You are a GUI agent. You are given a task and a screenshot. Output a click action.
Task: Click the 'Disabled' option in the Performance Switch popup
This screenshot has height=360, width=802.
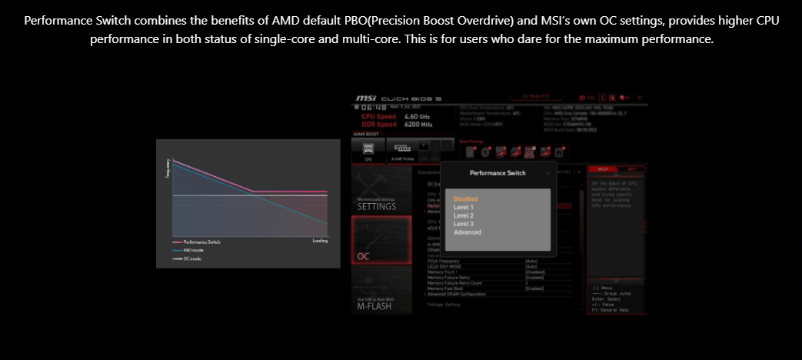coord(466,199)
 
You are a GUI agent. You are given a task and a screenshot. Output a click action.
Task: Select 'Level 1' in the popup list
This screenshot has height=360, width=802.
coord(464,208)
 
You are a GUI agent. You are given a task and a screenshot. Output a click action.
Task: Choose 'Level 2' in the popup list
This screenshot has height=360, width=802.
coord(464,216)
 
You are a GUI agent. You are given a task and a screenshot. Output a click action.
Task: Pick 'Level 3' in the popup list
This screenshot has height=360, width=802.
coord(464,224)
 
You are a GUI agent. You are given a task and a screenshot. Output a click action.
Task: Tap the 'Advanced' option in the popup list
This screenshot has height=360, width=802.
coord(468,232)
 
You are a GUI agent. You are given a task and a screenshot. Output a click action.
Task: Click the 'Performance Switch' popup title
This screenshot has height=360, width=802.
coord(498,174)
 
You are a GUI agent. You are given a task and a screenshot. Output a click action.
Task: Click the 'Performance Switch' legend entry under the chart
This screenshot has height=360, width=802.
coord(201,242)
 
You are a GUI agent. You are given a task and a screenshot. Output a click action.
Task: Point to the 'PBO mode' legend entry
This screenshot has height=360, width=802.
coord(194,251)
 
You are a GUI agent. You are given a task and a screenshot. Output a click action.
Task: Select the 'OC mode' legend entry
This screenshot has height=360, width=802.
coord(192,259)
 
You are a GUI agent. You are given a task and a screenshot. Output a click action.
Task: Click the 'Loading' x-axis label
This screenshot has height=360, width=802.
coord(320,241)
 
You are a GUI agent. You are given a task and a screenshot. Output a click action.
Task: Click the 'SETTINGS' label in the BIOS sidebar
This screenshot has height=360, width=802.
coord(377,207)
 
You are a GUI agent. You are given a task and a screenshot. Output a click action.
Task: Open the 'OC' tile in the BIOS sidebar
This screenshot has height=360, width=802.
coord(364,256)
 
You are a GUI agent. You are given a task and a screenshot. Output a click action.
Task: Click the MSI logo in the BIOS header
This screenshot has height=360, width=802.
coord(365,99)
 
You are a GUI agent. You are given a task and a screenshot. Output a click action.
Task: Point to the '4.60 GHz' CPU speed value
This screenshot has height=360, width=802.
coord(418,117)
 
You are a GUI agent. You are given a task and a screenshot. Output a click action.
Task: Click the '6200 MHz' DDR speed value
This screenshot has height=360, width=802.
coord(418,125)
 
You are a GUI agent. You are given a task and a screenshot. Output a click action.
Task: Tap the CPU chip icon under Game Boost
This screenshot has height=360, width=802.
coord(368,147)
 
